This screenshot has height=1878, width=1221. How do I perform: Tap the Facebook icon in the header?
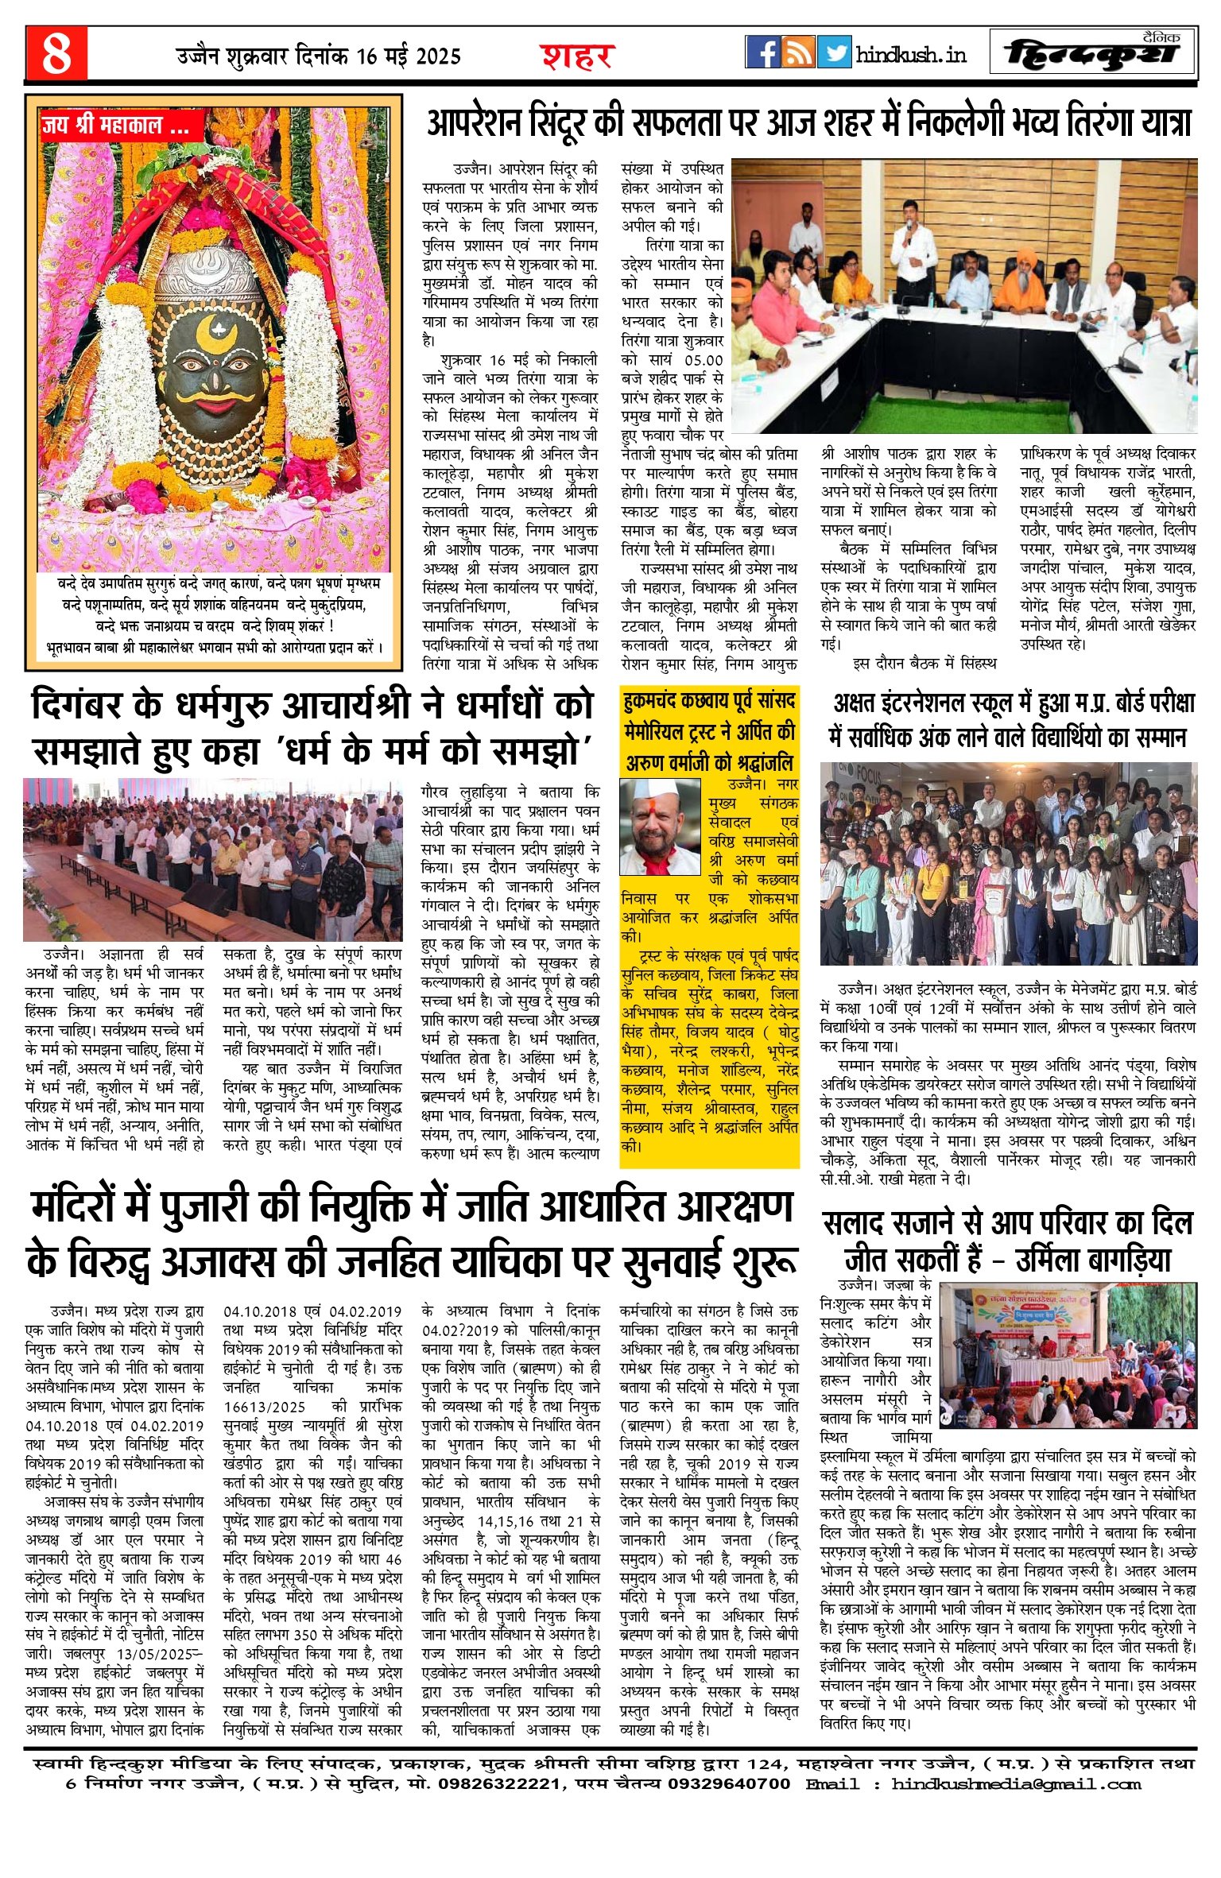pyautogui.click(x=762, y=52)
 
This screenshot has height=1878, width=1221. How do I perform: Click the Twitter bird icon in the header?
pyautogui.click(x=834, y=52)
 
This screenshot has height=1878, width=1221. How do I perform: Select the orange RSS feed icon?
pyautogui.click(x=798, y=52)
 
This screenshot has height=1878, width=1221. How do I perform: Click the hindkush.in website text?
pyautogui.click(x=911, y=55)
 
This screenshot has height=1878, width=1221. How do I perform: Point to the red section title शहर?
pyautogui.click(x=578, y=56)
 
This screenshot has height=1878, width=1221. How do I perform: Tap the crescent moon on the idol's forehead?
pyautogui.click(x=210, y=328)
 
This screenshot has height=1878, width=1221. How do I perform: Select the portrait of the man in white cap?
pyautogui.click(x=660, y=827)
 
